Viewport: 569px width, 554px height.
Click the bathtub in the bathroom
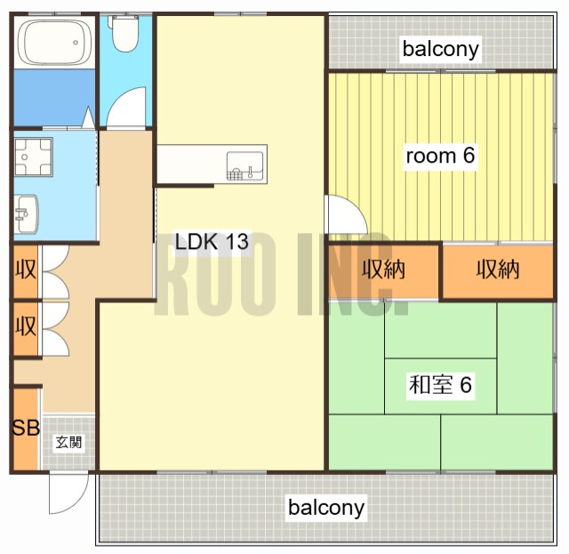(54, 42)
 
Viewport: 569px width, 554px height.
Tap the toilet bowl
(124, 34)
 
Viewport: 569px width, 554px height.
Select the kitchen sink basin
(244, 165)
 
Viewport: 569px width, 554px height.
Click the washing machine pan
(34, 157)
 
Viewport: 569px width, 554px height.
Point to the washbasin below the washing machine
(27, 213)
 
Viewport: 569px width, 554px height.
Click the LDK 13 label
(212, 241)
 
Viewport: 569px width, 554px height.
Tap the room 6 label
(440, 156)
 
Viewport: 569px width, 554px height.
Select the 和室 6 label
(440, 385)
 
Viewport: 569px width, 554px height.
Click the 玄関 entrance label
(68, 442)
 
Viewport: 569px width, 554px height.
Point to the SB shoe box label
(26, 428)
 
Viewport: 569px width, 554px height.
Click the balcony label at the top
(441, 49)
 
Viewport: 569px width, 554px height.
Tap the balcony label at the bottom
(326, 508)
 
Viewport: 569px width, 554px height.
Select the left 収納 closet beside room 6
(383, 270)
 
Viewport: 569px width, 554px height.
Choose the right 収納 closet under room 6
(498, 270)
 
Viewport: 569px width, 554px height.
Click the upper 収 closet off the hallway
(26, 270)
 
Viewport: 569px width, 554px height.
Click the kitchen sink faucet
(250, 173)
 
